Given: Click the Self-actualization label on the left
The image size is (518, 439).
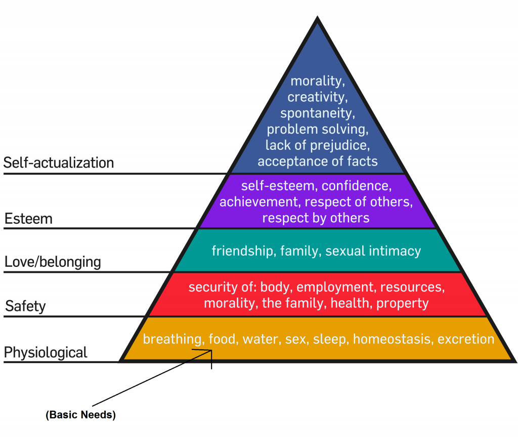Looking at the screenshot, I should pos(59,163).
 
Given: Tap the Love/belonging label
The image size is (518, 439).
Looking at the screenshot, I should pos(53,262).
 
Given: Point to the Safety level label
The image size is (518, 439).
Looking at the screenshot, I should pos(25,306).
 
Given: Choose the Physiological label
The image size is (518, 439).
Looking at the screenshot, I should pos(46,352).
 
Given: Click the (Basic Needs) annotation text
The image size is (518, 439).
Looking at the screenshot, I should pos(81,415).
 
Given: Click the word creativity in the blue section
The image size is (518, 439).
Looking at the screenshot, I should pos(318,97).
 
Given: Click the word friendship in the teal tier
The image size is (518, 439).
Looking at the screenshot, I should pos(241,251).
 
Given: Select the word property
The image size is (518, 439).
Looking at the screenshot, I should pos(402,303).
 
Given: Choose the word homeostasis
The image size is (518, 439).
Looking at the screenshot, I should pos(393,339).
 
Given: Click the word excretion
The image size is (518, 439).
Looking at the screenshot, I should pos(466,339).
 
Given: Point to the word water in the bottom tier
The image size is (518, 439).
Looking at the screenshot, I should pos(260,339).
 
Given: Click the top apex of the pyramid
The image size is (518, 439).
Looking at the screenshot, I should pos(318,18).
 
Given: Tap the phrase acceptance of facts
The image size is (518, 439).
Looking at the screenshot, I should pos(318,162).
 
